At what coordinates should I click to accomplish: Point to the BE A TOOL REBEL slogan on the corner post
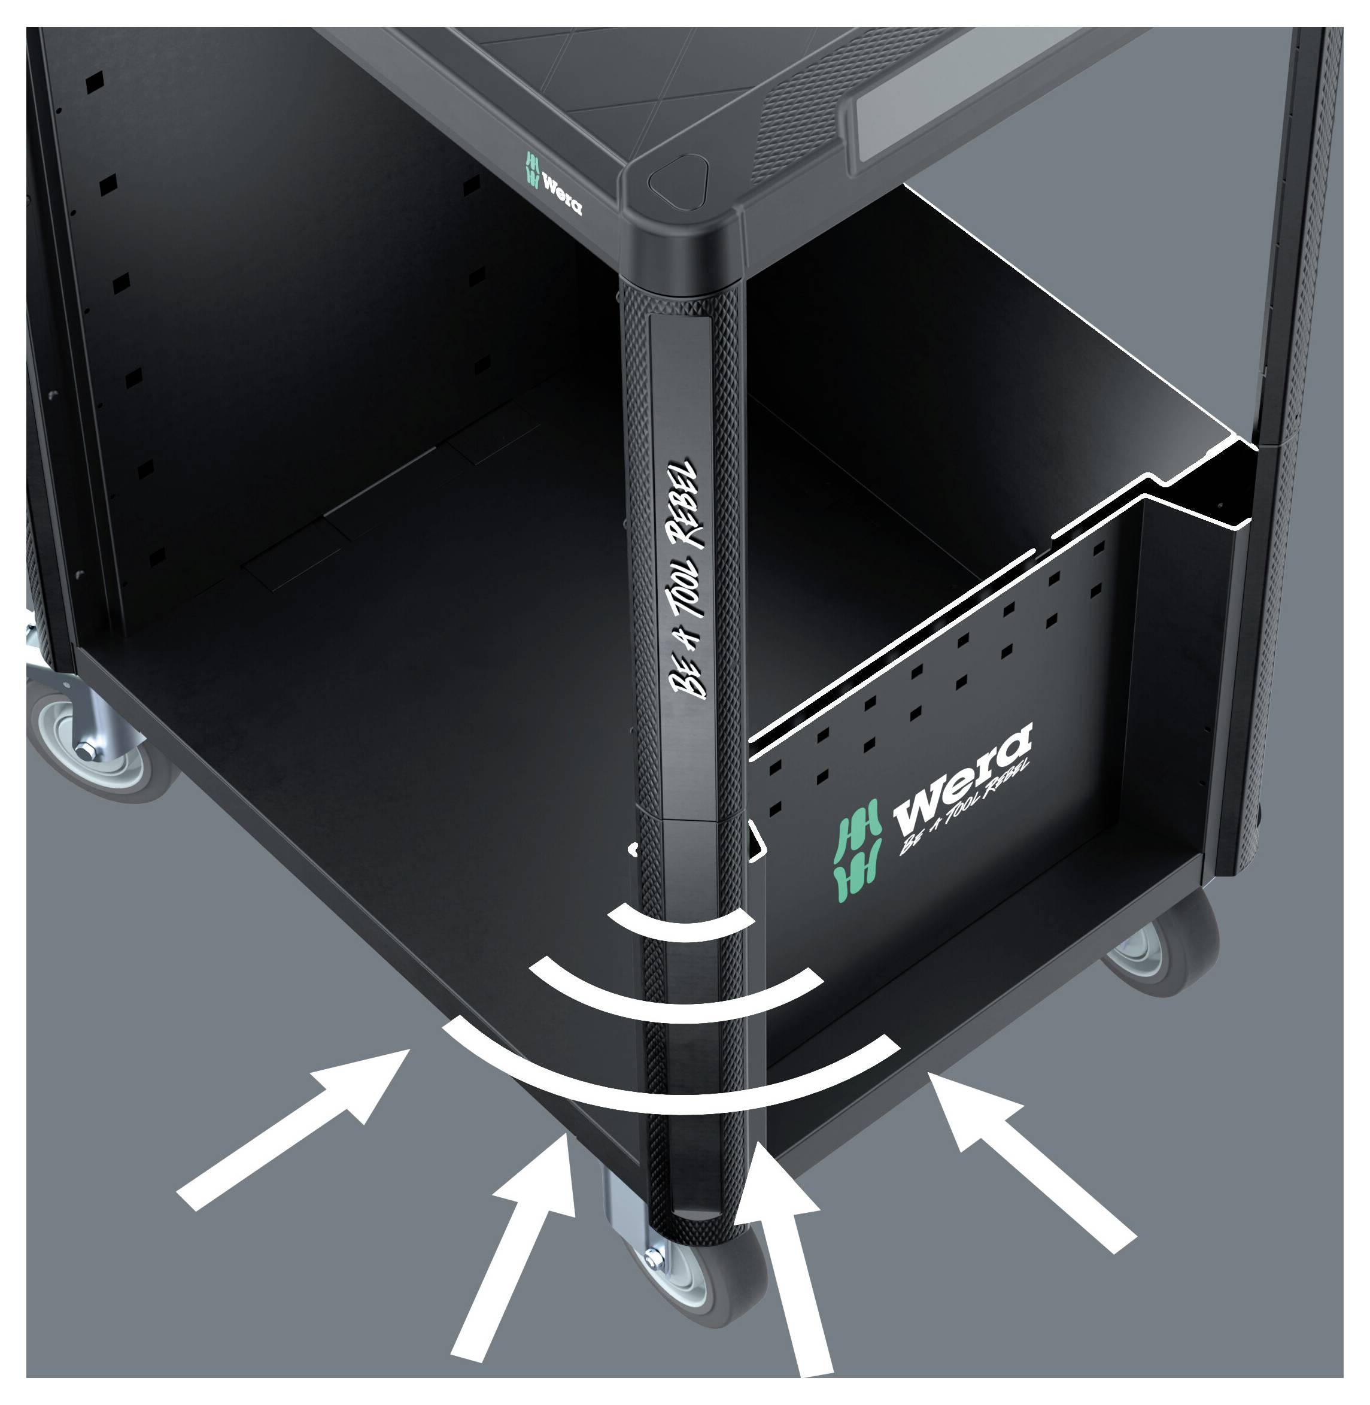[x=684, y=579]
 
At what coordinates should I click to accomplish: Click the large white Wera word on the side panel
[x=963, y=778]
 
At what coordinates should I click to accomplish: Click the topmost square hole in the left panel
[x=94, y=81]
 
